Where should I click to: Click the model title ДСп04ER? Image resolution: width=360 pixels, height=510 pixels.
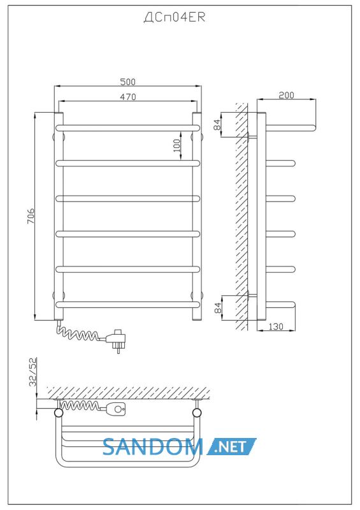pyautogui.click(x=175, y=17)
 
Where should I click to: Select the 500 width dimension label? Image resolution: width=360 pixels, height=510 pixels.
pyautogui.click(x=127, y=82)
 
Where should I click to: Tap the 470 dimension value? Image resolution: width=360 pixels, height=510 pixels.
pyautogui.click(x=128, y=97)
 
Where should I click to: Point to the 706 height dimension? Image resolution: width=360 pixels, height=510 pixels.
pyautogui.click(x=31, y=216)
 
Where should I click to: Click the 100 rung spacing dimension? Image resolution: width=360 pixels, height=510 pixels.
pyautogui.click(x=176, y=145)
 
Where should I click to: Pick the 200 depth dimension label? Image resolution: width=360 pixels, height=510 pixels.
pyautogui.click(x=286, y=95)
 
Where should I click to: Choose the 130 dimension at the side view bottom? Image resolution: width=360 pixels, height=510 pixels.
pyautogui.click(x=276, y=326)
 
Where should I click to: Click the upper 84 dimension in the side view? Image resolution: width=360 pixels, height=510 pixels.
pyautogui.click(x=217, y=124)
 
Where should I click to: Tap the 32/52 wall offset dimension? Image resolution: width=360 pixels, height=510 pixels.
pyautogui.click(x=33, y=372)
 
